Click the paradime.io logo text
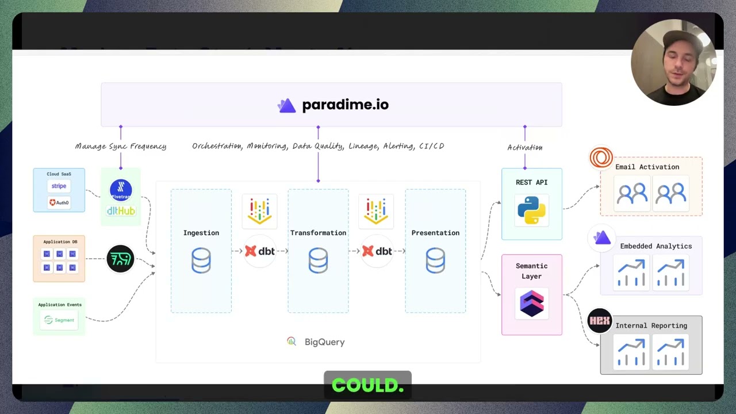point(345,105)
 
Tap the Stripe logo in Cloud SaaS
point(59,186)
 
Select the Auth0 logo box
point(59,202)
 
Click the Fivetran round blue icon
point(121,190)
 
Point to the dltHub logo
point(121,211)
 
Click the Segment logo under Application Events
point(60,320)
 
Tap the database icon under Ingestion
point(201,260)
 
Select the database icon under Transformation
point(318,260)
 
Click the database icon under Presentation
point(435,260)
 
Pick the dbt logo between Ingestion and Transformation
point(260,251)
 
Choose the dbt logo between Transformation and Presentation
point(377,251)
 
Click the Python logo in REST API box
point(531,210)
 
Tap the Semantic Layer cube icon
point(531,304)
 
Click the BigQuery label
point(324,342)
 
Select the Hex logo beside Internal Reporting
point(600,321)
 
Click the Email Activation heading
point(647,167)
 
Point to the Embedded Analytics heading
point(655,246)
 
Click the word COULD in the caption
point(368,385)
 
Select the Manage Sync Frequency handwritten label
point(121,147)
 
